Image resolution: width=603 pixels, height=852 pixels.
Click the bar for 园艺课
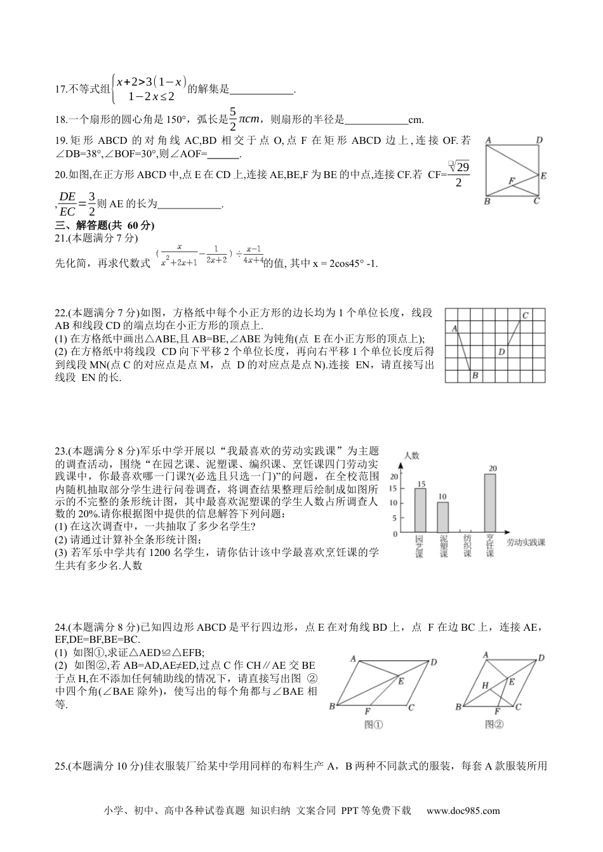pos(420,510)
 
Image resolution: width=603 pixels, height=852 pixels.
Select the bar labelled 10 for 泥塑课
pos(442,517)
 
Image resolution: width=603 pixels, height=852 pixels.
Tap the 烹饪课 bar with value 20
pos(489,502)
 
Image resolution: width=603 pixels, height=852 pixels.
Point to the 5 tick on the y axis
pos(394,518)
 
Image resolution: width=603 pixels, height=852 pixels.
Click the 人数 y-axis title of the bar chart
pos(411,455)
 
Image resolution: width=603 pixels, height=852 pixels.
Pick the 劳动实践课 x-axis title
pos(526,542)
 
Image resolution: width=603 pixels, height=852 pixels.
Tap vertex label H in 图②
pos(484,685)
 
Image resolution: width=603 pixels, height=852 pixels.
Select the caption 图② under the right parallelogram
pos(494,725)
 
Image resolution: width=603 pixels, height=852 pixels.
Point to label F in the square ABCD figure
pos(511,181)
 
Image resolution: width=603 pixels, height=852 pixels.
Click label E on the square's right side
pos(543,176)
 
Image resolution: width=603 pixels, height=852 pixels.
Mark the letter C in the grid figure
pos(525,315)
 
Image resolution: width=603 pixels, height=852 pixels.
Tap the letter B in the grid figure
pos(474,376)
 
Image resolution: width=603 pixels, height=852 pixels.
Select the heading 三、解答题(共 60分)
pos(105,225)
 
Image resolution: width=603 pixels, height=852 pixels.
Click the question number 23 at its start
pos(61,451)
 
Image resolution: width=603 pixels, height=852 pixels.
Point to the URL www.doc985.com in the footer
pos(463,810)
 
